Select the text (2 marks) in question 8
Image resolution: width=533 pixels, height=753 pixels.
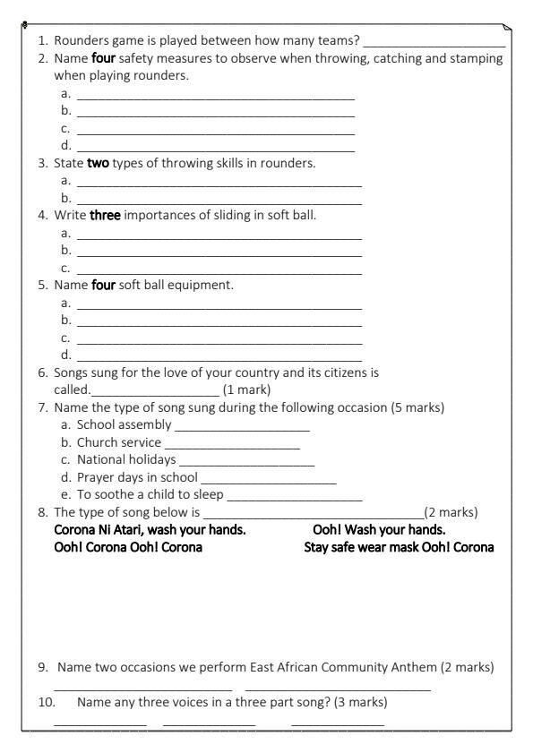[451, 512]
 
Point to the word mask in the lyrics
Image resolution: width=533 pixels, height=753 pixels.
[404, 547]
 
